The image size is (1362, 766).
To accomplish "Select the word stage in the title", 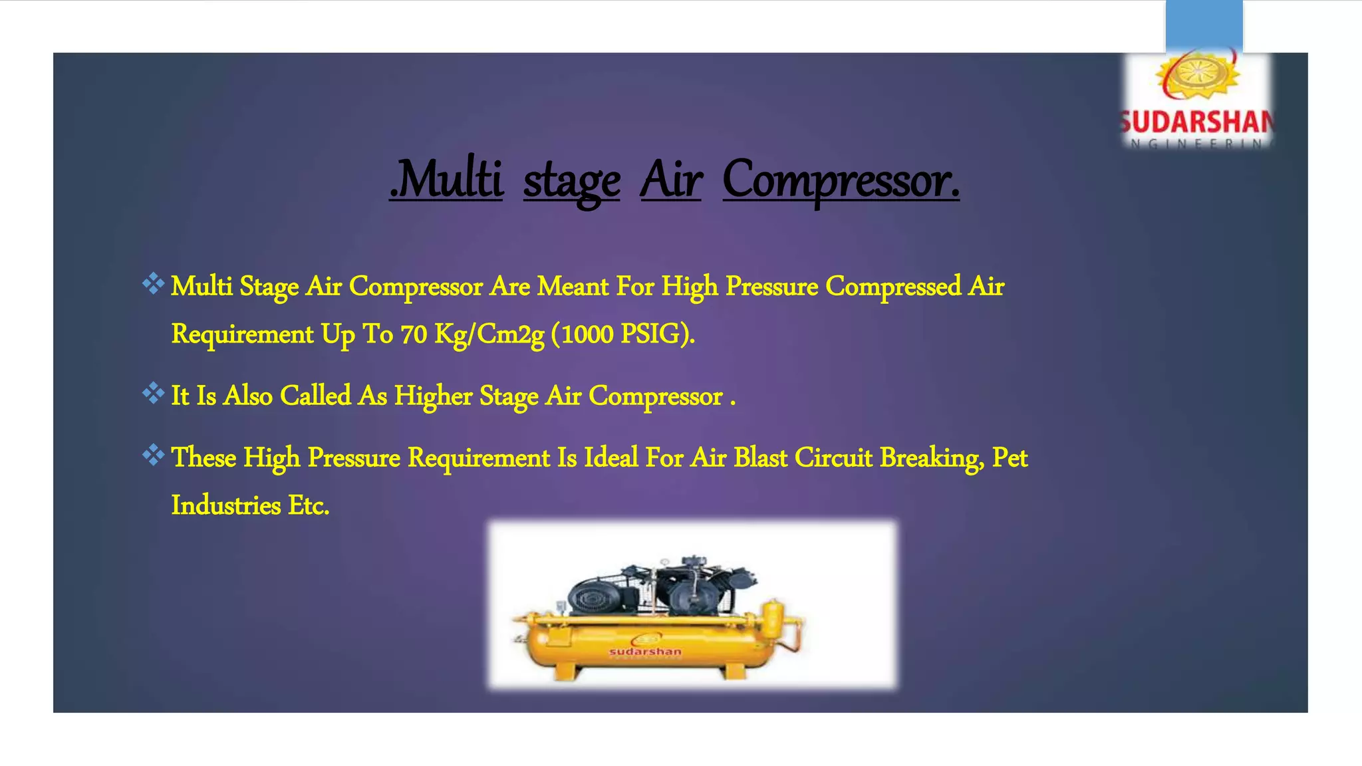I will (571, 182).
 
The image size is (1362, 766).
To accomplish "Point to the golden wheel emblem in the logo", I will (1197, 75).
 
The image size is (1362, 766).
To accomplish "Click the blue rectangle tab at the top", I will (1204, 25).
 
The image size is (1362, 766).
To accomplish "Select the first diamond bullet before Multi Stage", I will (153, 284).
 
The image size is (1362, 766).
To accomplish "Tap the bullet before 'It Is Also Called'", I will (153, 393).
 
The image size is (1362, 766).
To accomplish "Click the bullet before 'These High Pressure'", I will (153, 455).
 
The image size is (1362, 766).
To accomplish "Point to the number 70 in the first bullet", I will (413, 334).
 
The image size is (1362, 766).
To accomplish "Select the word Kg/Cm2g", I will (489, 334).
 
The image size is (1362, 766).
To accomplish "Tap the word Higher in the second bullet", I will (433, 396).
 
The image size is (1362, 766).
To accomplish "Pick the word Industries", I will (226, 505).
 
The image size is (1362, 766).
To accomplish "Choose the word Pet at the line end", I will (1010, 457).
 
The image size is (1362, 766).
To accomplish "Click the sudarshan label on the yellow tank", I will (645, 651).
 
